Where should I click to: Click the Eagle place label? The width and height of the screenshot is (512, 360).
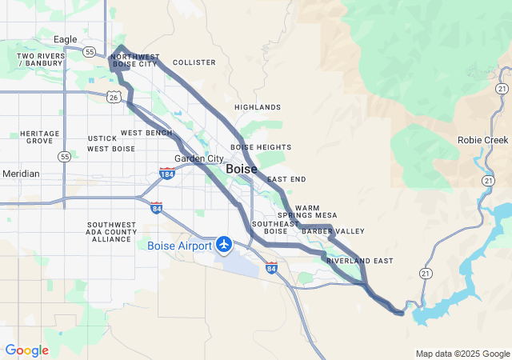(65, 39)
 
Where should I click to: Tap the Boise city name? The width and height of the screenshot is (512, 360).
(242, 170)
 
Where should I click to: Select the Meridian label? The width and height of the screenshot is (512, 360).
(21, 174)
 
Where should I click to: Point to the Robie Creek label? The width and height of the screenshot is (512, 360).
(482, 139)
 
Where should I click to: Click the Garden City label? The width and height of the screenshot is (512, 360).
(199, 158)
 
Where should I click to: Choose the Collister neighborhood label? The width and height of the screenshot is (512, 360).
(194, 62)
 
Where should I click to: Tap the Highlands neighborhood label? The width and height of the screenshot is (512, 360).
(258, 107)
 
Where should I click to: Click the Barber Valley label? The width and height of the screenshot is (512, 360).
(333, 231)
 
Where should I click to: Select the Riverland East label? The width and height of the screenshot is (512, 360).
(359, 261)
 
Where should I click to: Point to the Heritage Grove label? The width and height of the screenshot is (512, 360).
(40, 137)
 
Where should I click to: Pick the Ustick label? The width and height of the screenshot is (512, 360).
(102, 138)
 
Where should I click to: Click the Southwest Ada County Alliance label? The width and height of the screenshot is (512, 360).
(112, 232)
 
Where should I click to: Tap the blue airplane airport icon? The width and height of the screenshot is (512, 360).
(225, 243)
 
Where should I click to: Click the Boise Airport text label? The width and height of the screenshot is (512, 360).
(180, 246)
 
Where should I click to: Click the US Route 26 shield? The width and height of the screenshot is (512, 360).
(114, 96)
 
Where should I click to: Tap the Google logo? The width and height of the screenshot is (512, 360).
(27, 350)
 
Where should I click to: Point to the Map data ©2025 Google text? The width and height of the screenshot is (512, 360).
(462, 354)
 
